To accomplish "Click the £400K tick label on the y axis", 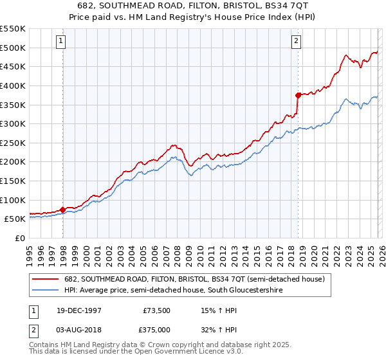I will pos(14,85).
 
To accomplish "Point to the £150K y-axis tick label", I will pos(14,181).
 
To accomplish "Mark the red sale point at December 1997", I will pos(62,210).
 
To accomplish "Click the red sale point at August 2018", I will pos(298,95).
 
